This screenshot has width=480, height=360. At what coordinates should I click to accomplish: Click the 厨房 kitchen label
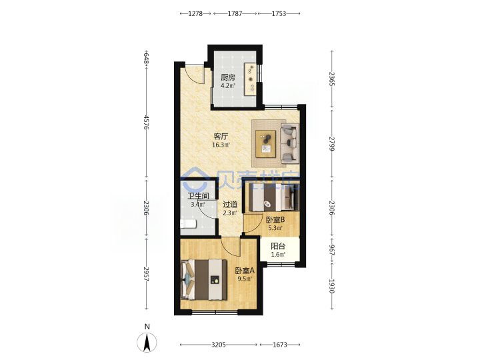(x=228, y=77)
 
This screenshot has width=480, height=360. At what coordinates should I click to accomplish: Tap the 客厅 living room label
(x=221, y=136)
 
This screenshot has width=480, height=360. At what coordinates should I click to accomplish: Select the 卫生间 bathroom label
(x=199, y=195)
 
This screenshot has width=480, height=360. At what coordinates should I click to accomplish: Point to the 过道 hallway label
(x=230, y=204)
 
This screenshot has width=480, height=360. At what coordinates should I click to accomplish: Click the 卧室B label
(x=275, y=220)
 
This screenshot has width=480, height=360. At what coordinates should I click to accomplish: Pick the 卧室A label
(x=245, y=271)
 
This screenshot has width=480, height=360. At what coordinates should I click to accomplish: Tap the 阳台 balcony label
(x=278, y=246)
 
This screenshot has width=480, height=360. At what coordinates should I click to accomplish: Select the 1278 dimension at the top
(x=195, y=13)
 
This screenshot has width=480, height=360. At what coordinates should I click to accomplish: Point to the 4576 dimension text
(x=147, y=122)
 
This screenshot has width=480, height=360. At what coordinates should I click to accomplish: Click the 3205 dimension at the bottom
(x=219, y=345)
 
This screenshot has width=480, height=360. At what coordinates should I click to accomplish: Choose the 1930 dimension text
(x=331, y=286)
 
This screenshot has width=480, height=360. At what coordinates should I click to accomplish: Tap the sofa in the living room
(x=289, y=143)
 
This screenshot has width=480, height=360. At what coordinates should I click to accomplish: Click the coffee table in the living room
(x=266, y=143)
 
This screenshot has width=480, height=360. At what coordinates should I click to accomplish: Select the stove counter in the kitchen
(x=251, y=79)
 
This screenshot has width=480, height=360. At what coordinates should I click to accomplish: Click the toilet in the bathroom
(x=188, y=224)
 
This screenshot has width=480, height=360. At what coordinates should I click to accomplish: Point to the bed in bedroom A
(x=204, y=280)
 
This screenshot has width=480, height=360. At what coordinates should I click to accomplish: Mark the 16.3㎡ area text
(x=221, y=145)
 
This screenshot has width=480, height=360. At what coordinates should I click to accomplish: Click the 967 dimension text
(x=331, y=250)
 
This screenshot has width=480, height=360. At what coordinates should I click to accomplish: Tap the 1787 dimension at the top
(x=235, y=13)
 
